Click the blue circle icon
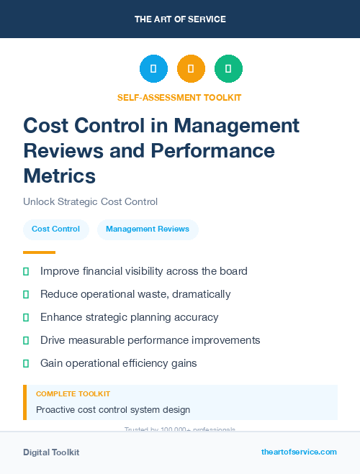[153, 68]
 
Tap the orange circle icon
[191, 68]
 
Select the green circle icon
[228, 68]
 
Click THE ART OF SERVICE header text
[180, 19]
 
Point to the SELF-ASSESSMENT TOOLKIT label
[179, 97]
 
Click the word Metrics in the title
[59, 176]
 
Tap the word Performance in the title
[212, 150]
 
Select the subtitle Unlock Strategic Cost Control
[90, 202]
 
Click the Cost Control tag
[55, 229]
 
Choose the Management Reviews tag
[148, 229]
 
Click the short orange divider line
[39, 252]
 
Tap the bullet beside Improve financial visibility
[27, 271]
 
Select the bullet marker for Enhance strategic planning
[27, 317]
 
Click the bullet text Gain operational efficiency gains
[118, 363]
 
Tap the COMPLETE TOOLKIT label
[73, 394]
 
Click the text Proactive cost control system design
[113, 410]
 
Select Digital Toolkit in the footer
[51, 452]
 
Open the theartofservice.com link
[299, 452]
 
